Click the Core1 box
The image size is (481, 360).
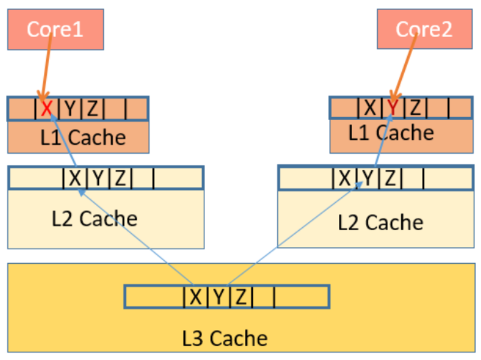[55, 30]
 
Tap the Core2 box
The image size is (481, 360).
[425, 29]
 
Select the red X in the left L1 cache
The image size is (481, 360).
[46, 108]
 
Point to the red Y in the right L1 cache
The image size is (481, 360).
[393, 107]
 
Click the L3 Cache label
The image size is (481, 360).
[225, 339]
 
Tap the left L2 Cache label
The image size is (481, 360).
[94, 219]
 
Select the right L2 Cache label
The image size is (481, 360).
[381, 222]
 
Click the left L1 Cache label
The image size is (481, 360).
[83, 137]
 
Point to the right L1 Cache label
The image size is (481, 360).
[391, 133]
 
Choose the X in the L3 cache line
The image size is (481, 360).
[196, 297]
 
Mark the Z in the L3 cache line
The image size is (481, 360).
[241, 297]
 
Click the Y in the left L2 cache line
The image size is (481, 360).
[98, 178]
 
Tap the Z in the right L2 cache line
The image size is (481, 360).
[390, 178]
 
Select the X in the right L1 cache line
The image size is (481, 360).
[370, 108]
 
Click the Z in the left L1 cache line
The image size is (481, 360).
[93, 108]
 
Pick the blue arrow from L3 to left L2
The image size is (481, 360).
[136, 237]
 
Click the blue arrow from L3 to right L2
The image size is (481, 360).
[294, 233]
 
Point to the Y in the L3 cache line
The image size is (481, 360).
[219, 297]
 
